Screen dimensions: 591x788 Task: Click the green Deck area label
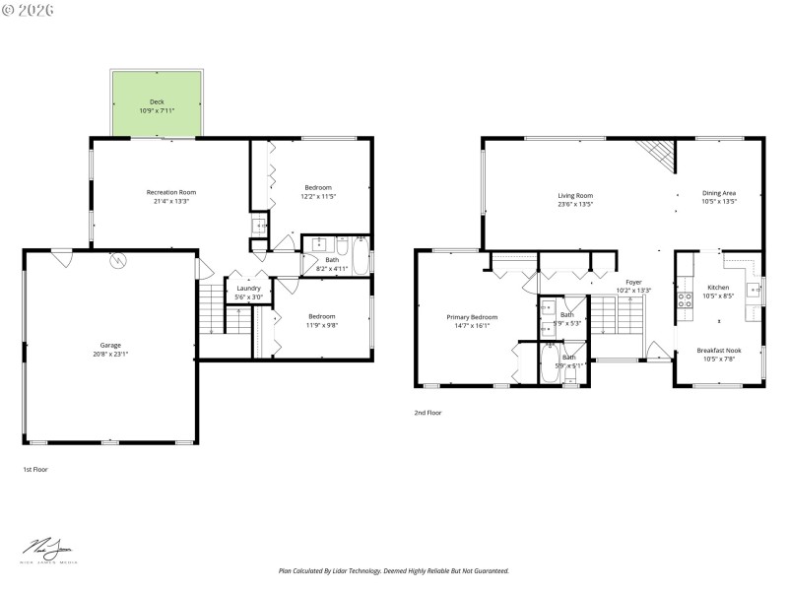157,101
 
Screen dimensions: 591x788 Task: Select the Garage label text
110,345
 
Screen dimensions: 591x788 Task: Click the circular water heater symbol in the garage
118,261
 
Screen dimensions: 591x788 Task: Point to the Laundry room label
248,288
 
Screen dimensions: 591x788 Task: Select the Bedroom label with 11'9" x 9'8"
320,316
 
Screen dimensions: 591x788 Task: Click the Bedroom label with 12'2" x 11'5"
317,187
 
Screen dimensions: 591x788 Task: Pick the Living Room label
575,195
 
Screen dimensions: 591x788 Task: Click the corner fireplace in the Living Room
656,154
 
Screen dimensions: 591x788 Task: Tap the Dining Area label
718,193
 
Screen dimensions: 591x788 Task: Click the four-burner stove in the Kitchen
684,300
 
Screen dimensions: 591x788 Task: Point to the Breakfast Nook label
718,350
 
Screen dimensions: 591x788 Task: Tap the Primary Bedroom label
472,316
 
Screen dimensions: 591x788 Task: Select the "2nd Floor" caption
427,413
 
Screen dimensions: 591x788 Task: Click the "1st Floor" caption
34,470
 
